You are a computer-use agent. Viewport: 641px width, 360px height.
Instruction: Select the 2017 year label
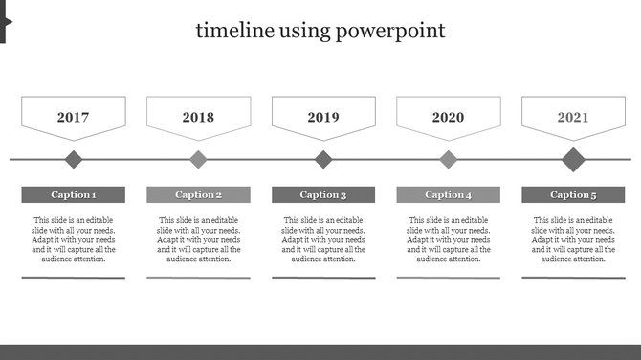[x=74, y=118]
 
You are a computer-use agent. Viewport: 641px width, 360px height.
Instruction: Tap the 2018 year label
[x=198, y=118]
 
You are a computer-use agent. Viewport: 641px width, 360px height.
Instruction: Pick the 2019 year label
[x=323, y=118]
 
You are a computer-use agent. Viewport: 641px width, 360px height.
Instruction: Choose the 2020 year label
[x=448, y=118]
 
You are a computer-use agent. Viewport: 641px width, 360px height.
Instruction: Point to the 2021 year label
[x=573, y=118]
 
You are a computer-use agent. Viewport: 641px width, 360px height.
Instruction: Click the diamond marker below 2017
[x=74, y=159]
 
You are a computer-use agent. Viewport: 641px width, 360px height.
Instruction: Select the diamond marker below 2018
[x=198, y=159]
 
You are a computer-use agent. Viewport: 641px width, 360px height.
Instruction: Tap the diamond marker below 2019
[x=323, y=159]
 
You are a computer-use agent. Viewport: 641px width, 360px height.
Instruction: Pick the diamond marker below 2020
[x=448, y=159]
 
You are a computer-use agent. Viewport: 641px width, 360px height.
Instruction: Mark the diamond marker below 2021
[x=573, y=159]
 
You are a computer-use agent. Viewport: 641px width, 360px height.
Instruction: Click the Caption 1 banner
[x=74, y=195]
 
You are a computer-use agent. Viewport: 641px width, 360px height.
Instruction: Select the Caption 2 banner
[x=198, y=195]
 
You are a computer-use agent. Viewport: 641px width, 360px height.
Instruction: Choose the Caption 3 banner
[x=323, y=195]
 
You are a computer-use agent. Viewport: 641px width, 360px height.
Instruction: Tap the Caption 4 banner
[x=448, y=195]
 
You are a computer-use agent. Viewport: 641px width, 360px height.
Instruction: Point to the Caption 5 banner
[x=573, y=195]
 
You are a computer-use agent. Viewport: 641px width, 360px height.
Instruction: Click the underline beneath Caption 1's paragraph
[x=74, y=278]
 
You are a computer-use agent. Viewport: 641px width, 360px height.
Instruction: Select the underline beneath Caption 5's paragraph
[x=573, y=278]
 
